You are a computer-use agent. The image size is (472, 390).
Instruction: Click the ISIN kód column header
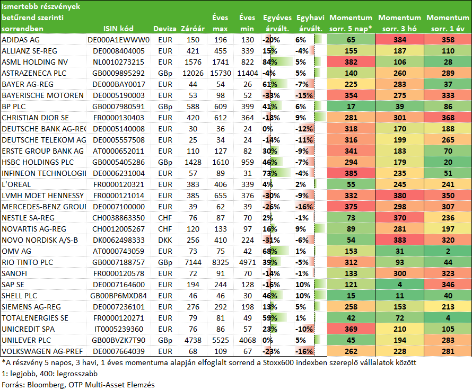pos(118,29)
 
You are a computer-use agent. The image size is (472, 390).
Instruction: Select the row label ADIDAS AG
pos(21,40)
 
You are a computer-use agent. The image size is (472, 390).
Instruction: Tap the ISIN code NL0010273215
pos(118,62)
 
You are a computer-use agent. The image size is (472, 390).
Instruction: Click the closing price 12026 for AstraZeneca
pos(193,73)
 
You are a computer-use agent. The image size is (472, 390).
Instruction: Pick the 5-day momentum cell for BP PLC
pos(351,107)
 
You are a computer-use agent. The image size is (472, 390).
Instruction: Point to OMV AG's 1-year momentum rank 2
pos(448,251)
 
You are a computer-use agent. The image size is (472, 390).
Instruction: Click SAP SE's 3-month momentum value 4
pos(399,285)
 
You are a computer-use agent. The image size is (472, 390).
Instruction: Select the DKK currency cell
pos(165,240)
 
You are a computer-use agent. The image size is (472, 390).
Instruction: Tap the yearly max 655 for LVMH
pos(220,196)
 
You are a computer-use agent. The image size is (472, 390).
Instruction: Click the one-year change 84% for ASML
pos(270,62)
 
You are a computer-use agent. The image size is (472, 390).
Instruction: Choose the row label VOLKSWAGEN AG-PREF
pos(42,351)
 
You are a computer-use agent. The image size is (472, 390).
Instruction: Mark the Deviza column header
pos(164,29)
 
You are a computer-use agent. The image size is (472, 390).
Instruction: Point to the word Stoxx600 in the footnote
pos(279,362)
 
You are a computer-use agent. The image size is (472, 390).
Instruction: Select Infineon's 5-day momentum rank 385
pos(351,173)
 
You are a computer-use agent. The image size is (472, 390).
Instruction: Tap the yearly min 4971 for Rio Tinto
pos(248,262)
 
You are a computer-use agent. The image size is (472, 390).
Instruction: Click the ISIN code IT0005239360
pos(118,329)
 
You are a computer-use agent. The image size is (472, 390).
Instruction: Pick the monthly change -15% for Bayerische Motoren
pos(304,95)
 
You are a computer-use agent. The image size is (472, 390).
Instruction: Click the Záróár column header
pos(193,29)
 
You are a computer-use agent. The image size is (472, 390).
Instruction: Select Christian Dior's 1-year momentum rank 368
pos(448,118)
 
